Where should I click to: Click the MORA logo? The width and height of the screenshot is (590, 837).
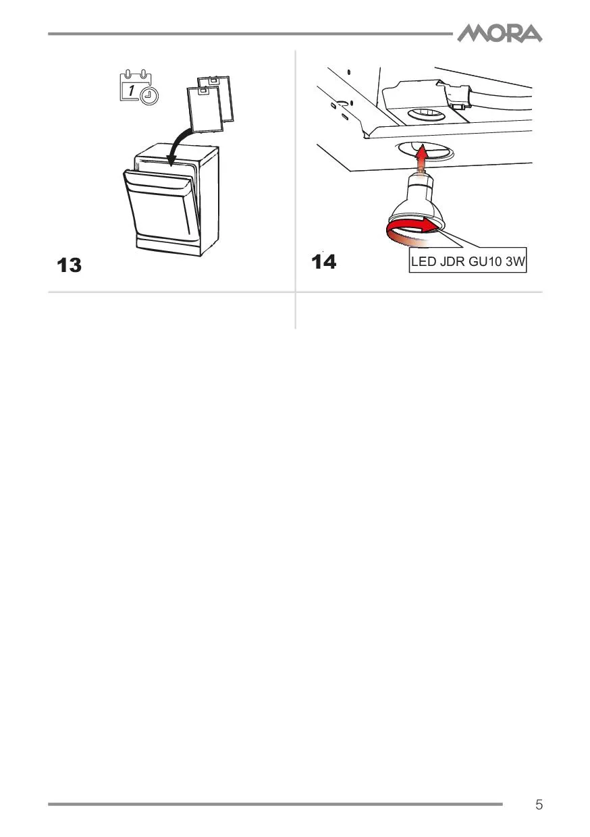500,33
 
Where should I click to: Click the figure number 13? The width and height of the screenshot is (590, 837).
69,265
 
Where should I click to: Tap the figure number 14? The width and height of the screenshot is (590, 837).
323,262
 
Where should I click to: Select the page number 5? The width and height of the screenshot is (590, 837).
539,804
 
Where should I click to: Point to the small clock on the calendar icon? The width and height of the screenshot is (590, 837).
149,96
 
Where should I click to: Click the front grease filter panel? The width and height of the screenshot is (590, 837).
205,109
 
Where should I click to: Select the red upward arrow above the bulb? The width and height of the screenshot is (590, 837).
421,156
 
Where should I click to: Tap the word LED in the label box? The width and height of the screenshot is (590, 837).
424,261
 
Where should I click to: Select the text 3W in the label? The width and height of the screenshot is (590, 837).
515,261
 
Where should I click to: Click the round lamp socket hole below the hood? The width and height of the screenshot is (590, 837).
426,151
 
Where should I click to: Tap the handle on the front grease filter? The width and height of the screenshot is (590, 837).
202,90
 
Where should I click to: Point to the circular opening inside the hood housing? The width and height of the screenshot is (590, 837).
426,114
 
